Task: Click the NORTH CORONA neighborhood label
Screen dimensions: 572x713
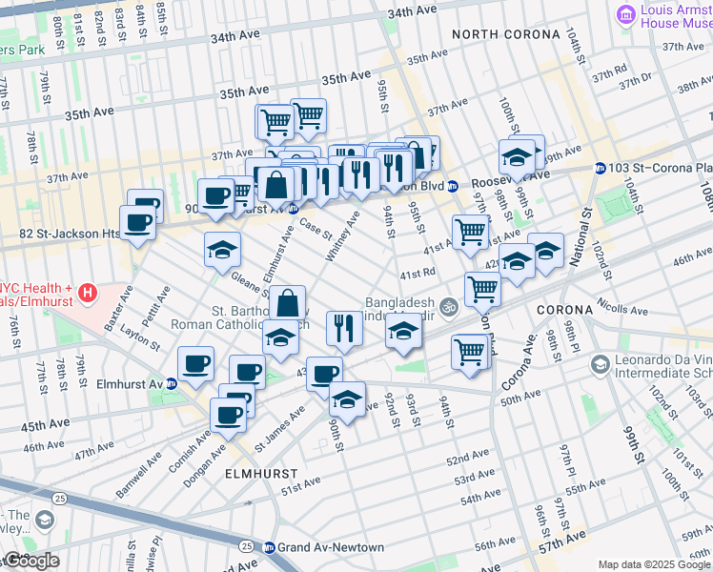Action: [506, 34]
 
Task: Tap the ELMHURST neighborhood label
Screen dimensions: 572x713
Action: [260, 473]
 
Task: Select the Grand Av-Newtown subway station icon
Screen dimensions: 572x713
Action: [270, 547]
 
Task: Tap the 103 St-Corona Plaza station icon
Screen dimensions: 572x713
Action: [600, 168]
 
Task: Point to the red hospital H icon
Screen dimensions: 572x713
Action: [88, 290]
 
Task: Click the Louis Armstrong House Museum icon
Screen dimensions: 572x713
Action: [625, 13]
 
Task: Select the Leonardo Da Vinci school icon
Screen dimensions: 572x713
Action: [600, 364]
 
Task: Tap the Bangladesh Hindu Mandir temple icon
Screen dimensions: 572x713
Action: [449, 306]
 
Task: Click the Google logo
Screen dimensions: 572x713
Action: [31, 561]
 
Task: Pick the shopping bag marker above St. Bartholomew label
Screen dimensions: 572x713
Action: [287, 304]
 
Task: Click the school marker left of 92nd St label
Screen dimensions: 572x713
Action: [347, 398]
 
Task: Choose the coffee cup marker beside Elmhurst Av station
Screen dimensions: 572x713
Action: [196, 363]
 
